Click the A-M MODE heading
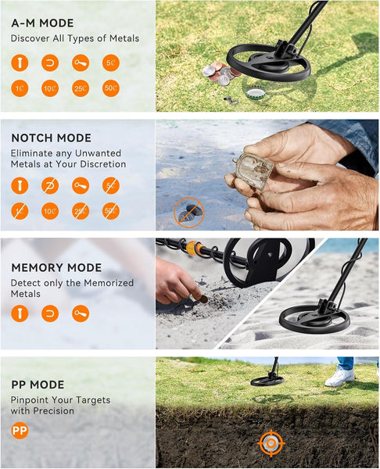point(43,23)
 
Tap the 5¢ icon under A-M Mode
point(110,63)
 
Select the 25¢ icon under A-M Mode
point(80,89)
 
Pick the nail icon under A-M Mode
point(20,63)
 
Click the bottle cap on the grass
point(255,93)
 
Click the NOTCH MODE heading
point(51,138)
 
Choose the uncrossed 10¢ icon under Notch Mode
point(50,210)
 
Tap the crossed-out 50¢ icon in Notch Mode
point(110,210)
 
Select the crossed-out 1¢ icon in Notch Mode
point(20,210)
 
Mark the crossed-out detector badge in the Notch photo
point(188,211)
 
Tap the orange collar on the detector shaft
point(193,249)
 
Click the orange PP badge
point(20,430)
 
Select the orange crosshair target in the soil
point(271,444)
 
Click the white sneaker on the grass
point(339,377)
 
